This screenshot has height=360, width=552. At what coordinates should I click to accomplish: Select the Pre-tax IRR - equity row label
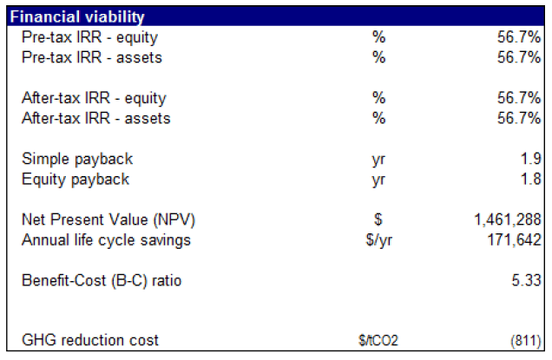[89, 37]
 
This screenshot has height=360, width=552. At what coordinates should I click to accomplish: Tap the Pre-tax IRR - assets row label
[90, 57]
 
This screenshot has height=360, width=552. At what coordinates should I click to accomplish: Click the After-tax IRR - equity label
[94, 98]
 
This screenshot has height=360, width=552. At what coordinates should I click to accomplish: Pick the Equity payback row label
[76, 180]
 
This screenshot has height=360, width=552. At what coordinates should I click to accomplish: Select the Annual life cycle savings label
[106, 239]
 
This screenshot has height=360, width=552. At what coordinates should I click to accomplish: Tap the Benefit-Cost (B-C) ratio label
[102, 280]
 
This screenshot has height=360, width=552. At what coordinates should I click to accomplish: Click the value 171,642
[512, 239]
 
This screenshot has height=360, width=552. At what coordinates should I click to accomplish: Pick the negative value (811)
[523, 340]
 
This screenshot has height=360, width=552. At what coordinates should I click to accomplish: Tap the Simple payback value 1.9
[529, 160]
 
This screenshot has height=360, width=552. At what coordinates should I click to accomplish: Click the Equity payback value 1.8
[529, 180]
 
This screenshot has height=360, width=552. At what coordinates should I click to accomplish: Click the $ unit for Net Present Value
[378, 219]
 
